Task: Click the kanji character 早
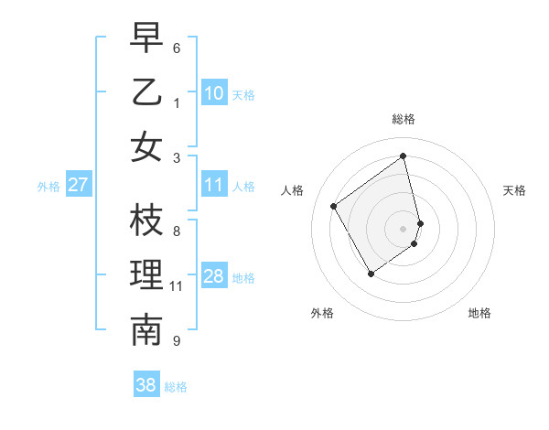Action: click(146, 39)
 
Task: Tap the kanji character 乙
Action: click(146, 92)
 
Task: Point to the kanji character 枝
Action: click(146, 221)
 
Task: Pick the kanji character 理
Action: click(146, 276)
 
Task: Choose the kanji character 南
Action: click(146, 330)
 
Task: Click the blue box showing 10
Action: click(214, 92)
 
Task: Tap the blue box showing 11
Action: click(214, 185)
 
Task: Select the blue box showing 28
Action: click(214, 276)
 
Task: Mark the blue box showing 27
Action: click(78, 185)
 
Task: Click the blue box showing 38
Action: click(146, 385)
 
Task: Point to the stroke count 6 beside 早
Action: click(177, 48)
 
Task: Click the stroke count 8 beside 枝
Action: click(177, 231)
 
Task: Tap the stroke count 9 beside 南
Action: click(177, 340)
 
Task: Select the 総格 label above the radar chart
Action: click(403, 119)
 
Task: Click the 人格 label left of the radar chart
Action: click(293, 190)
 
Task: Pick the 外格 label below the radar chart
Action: click(322, 313)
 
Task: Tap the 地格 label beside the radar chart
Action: click(479, 313)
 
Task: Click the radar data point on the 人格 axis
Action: click(334, 207)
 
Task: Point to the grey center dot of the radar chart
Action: click(403, 228)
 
